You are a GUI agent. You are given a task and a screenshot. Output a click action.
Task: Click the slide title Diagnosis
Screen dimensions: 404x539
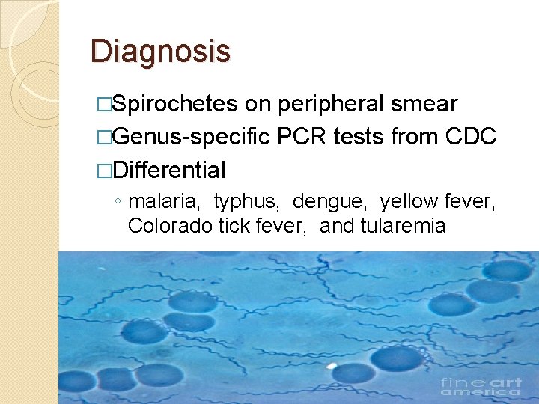(160, 52)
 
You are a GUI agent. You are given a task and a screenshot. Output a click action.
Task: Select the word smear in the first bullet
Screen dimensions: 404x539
(424, 104)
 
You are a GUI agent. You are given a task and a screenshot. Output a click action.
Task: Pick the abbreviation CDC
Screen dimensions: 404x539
(470, 138)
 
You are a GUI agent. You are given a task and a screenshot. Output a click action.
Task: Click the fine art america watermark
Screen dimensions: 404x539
(481, 387)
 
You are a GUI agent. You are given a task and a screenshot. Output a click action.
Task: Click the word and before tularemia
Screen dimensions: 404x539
(338, 225)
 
